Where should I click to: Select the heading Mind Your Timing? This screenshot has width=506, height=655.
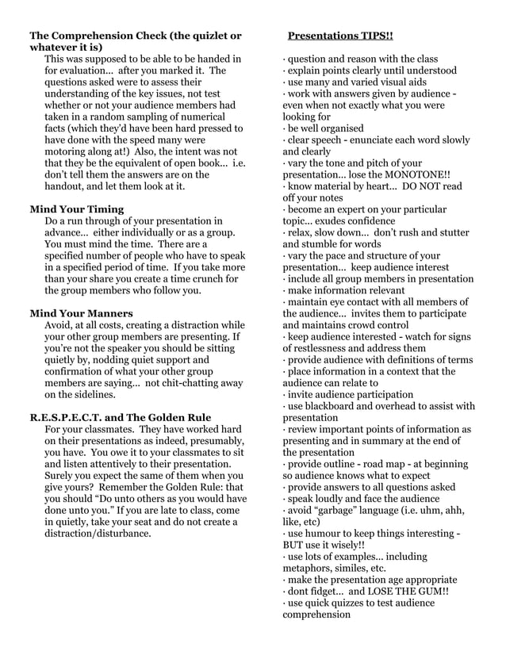(x=76, y=209)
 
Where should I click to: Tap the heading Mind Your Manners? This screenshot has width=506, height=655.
(x=82, y=312)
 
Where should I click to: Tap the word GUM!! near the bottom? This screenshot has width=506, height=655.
(x=431, y=591)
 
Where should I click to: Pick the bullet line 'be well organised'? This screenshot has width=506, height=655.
(x=326, y=128)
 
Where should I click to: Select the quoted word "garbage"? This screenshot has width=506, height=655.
(x=347, y=510)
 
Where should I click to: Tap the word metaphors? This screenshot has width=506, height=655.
(x=312, y=568)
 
